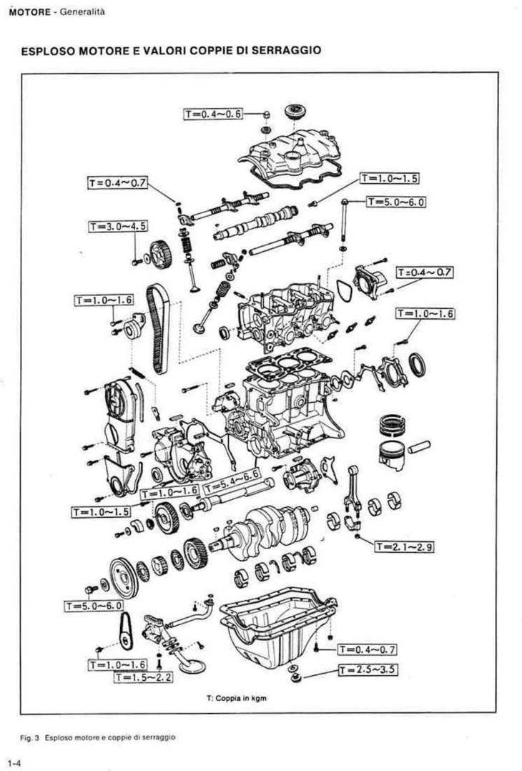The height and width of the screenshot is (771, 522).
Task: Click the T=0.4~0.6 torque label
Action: [213, 114]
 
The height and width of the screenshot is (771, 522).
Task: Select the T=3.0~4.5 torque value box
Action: [117, 227]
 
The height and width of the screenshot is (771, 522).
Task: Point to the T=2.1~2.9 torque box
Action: [405, 546]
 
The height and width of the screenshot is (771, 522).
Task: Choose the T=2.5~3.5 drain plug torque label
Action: [368, 669]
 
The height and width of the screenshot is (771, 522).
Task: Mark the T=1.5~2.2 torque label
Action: [143, 677]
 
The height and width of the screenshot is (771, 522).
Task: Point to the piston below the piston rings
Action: [392, 455]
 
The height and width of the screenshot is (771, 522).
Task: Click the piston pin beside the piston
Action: [419, 447]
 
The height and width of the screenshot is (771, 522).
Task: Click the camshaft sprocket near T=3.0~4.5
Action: [160, 254]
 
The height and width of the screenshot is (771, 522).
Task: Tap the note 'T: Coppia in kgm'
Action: [237, 698]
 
